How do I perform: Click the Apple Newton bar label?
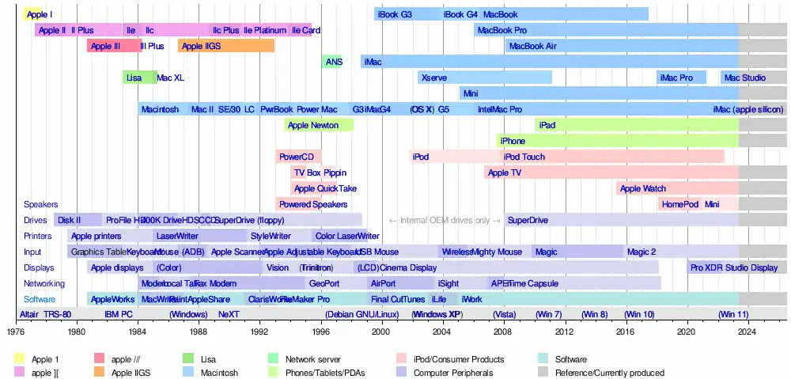[313, 125]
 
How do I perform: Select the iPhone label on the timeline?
[513, 141]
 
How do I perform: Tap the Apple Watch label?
[643, 188]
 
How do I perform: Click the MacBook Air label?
[532, 46]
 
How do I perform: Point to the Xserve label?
[434, 78]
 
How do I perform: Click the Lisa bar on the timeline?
[138, 78]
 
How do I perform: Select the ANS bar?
[333, 62]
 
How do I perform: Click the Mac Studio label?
[744, 78]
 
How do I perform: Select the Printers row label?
[37, 236]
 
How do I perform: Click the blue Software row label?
[40, 299]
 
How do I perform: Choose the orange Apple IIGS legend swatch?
[100, 373]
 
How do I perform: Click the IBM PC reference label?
[119, 314]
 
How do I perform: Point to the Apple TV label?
[505, 172]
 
